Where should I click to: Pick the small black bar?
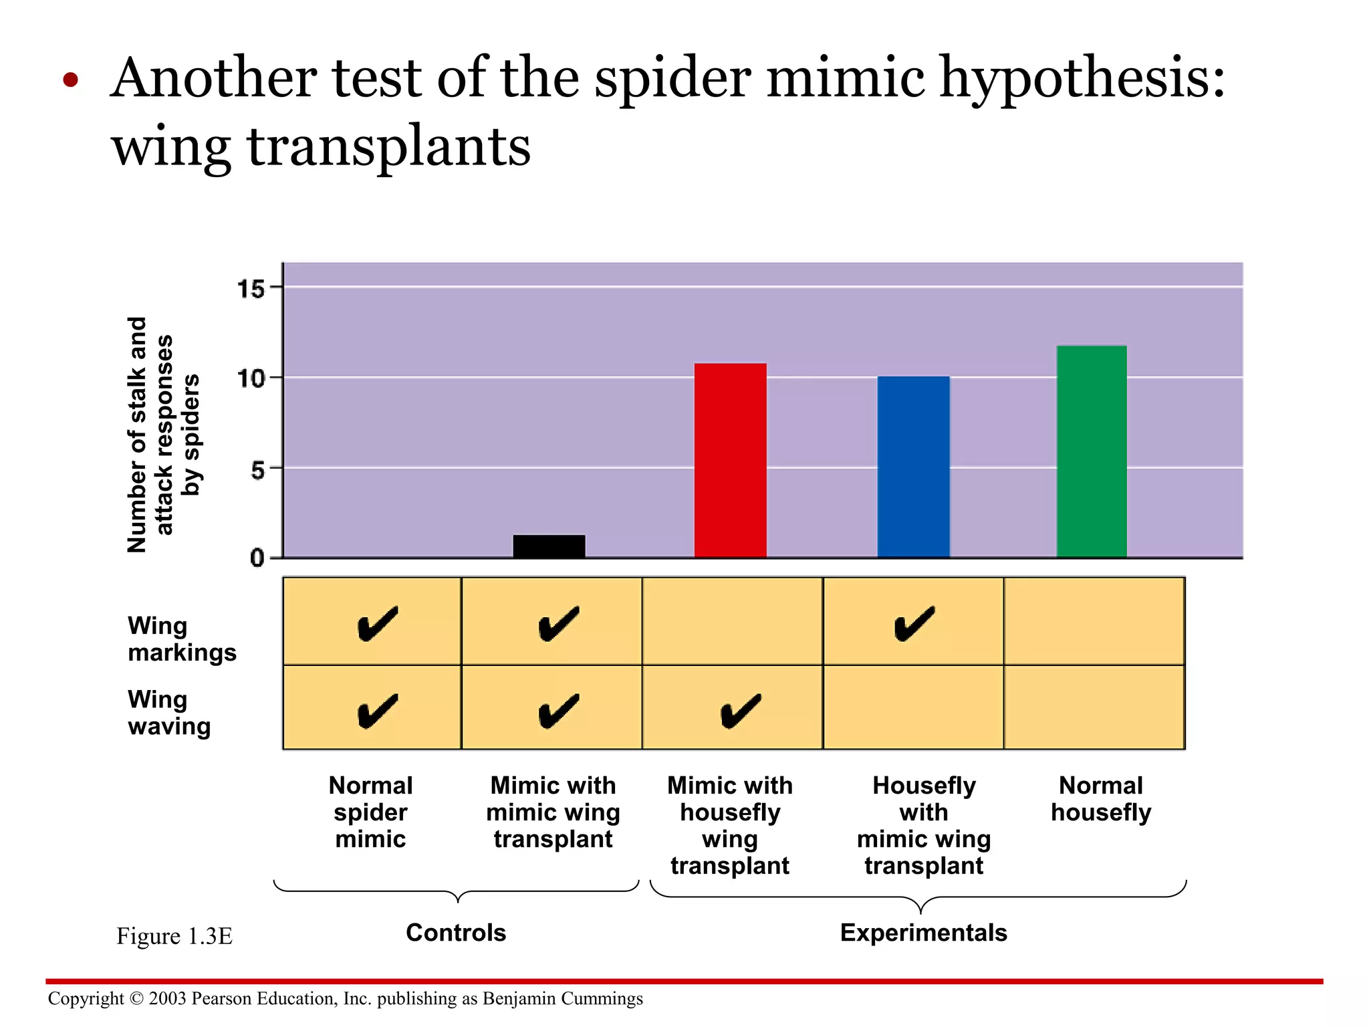click(x=549, y=546)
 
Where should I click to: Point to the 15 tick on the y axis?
click(x=251, y=290)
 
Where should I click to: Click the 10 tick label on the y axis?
click(x=251, y=379)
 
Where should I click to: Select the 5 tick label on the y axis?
click(x=257, y=470)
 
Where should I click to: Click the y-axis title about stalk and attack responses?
click(x=162, y=435)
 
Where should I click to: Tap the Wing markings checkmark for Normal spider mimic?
click(x=377, y=624)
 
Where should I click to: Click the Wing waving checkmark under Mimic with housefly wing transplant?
click(x=740, y=711)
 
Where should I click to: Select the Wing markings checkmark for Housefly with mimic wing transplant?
click(x=914, y=624)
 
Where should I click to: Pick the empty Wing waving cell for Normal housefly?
click(x=1094, y=707)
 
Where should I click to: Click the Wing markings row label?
click(x=181, y=639)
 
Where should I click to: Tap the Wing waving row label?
click(x=168, y=713)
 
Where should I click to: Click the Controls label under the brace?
click(x=456, y=933)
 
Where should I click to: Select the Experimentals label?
click(x=923, y=933)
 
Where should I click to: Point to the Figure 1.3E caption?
click(x=174, y=936)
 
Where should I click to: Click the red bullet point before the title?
click(x=71, y=81)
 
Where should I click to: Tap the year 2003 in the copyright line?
click(x=167, y=999)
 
